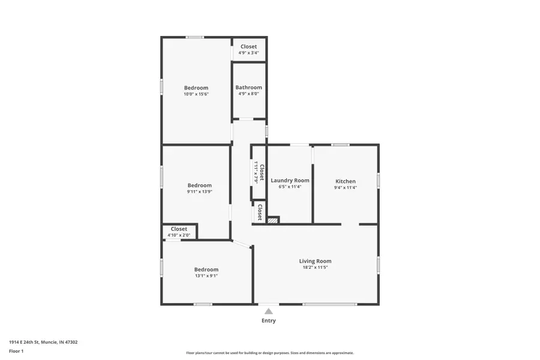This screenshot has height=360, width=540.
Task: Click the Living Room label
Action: (x=315, y=261)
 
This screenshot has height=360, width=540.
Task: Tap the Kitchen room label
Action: (x=345, y=181)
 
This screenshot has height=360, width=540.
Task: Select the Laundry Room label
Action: (x=290, y=180)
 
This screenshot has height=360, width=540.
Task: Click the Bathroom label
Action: (x=248, y=87)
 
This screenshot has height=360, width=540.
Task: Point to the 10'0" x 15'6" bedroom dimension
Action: (x=196, y=94)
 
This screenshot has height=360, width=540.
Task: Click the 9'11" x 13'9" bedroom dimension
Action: (x=199, y=192)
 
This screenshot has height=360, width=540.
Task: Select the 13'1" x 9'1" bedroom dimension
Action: (x=206, y=276)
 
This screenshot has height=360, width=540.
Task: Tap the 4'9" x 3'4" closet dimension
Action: (x=248, y=53)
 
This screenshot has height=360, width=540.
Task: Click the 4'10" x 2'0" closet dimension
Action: (x=179, y=235)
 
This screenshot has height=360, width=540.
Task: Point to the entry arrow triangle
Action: (x=269, y=311)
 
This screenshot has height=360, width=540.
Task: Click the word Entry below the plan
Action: (x=269, y=321)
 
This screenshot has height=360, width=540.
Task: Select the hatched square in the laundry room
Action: (x=273, y=221)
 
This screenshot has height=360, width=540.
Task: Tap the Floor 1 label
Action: (x=16, y=350)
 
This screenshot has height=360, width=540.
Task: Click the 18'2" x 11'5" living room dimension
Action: (x=315, y=268)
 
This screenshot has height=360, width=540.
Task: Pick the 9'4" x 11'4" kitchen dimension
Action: (x=345, y=187)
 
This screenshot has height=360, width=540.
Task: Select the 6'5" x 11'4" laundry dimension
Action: (x=290, y=187)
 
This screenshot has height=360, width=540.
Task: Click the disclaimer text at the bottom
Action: (x=269, y=353)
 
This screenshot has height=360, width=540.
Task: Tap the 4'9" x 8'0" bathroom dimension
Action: (x=248, y=94)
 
